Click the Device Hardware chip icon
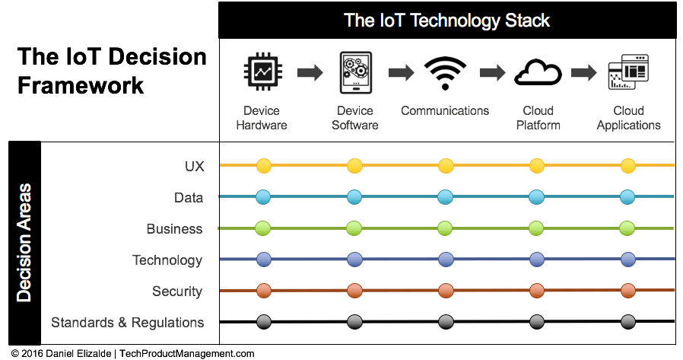[x=262, y=72]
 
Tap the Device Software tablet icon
[x=356, y=72]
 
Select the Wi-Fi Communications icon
[x=445, y=73]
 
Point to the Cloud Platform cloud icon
[x=538, y=73]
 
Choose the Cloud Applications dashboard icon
[x=628, y=72]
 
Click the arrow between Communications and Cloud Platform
[x=493, y=72]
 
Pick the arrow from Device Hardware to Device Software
[x=310, y=72]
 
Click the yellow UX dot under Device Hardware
[x=263, y=166]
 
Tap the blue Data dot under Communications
[x=445, y=197]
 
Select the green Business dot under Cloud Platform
[x=536, y=228]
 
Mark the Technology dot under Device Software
[x=354, y=260]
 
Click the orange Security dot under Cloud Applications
[x=627, y=291]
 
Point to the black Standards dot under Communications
[x=445, y=322]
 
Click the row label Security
[x=177, y=292]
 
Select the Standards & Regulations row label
[x=128, y=323]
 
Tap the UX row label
[x=194, y=166]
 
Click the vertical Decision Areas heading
[x=24, y=243]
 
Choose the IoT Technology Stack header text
[x=446, y=21]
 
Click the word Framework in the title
[x=81, y=85]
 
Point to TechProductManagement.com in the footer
[x=187, y=353]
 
